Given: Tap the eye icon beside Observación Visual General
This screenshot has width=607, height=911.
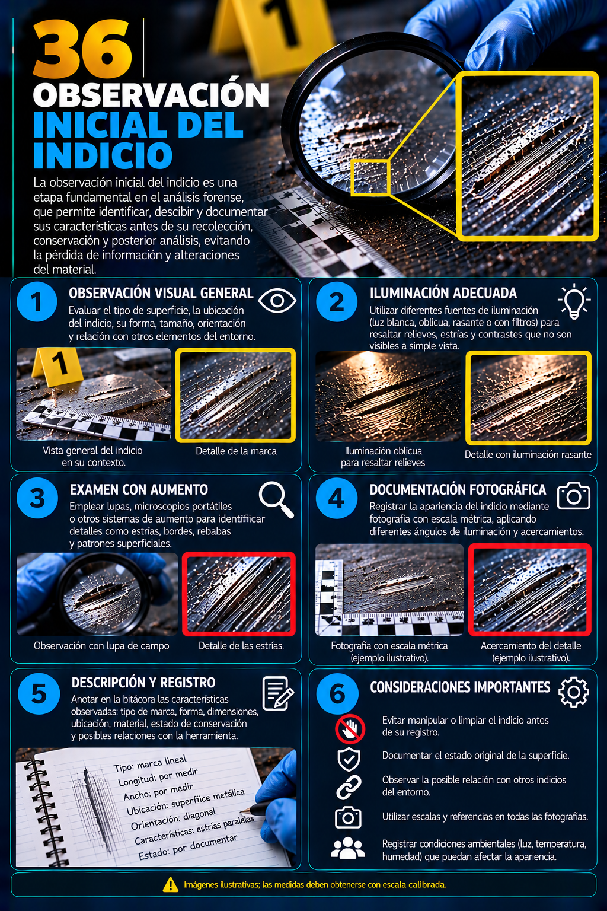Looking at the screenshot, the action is (x=277, y=301).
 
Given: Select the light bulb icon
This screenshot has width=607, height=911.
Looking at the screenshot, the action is (x=574, y=301).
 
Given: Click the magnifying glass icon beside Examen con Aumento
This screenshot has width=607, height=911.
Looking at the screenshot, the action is (x=276, y=499).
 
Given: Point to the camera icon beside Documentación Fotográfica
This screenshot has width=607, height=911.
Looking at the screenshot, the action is (x=573, y=496).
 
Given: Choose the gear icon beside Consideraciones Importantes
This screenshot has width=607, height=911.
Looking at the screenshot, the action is (x=574, y=692).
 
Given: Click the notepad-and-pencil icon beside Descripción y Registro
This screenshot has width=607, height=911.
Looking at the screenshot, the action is (x=278, y=693).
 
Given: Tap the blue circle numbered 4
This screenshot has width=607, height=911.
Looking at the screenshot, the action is (x=337, y=498).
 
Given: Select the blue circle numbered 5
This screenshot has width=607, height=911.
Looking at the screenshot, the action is (x=39, y=694).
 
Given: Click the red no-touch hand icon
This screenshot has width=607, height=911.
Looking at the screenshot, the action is (x=350, y=728).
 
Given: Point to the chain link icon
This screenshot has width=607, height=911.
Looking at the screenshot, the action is (x=349, y=787).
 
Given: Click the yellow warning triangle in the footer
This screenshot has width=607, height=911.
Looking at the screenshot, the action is (x=170, y=884).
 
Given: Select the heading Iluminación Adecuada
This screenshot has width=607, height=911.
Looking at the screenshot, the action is (x=443, y=293).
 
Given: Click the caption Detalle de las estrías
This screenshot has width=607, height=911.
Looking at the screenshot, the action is (x=241, y=646).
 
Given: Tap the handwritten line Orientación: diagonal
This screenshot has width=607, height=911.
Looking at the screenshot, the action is (x=173, y=819).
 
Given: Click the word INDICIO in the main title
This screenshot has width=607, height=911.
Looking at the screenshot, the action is (x=103, y=155).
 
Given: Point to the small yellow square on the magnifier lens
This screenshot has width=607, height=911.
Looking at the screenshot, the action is (x=370, y=178).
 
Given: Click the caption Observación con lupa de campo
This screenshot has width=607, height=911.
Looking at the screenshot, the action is (x=101, y=646).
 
